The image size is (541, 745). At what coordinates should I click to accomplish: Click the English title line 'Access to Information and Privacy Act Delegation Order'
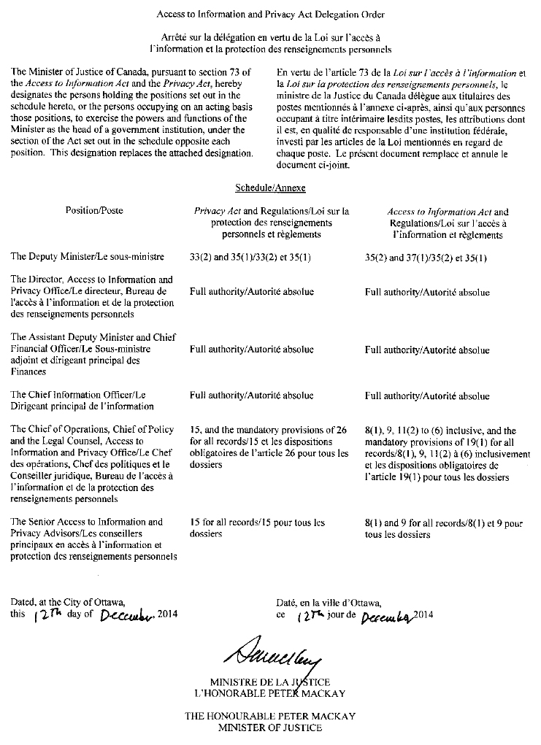[x=270, y=15]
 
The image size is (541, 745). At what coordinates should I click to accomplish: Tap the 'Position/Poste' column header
[x=94, y=211]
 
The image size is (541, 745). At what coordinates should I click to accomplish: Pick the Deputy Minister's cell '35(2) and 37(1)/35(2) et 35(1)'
[x=426, y=258]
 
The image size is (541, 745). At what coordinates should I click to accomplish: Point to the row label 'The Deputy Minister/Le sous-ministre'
[x=88, y=257]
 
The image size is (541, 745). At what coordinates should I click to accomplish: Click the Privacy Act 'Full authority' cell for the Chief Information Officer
[x=252, y=396]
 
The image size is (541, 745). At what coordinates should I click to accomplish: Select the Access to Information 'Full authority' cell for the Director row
[x=427, y=292]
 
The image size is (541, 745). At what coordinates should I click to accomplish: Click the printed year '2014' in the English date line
[x=167, y=614]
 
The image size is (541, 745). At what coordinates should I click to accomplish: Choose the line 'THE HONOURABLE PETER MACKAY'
[x=269, y=716]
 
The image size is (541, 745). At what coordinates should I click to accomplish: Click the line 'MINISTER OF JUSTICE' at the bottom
[x=269, y=727]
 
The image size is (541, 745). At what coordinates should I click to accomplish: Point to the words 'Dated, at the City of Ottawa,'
[x=67, y=603]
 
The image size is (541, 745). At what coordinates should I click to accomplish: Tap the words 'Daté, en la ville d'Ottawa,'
[x=329, y=603]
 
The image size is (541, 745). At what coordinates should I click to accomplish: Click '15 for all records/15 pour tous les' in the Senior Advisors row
[x=257, y=522]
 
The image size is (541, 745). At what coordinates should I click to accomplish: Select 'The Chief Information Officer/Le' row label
[x=78, y=395]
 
